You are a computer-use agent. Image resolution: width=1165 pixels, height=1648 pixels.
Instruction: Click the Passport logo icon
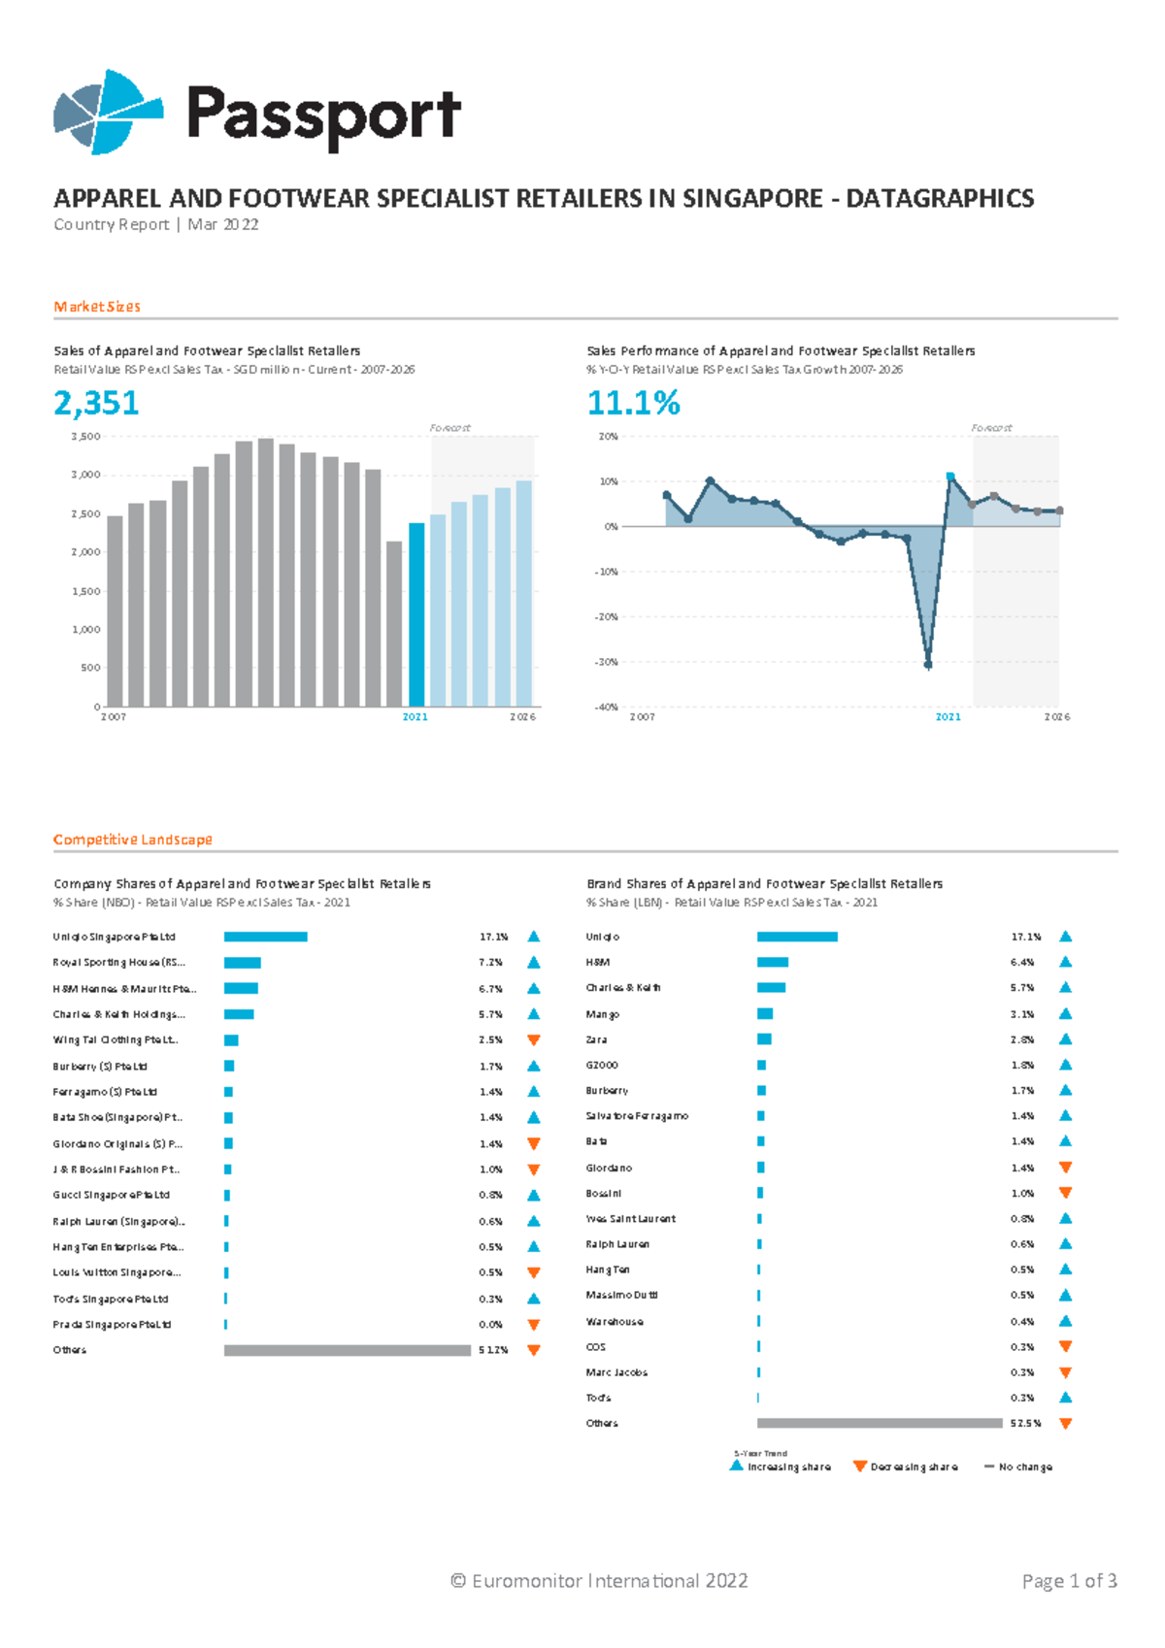point(107,112)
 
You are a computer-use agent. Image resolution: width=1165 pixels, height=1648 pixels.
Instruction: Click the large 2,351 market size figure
point(96,403)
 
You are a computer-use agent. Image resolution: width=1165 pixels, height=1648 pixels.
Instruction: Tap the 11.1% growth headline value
point(633,403)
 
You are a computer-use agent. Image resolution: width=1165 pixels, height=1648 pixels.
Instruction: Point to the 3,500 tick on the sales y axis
point(86,437)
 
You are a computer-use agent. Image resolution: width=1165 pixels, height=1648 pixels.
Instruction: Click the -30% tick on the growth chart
point(606,662)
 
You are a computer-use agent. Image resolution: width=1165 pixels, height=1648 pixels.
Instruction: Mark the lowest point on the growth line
point(928,665)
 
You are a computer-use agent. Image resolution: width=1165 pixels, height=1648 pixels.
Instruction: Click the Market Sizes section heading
point(97,307)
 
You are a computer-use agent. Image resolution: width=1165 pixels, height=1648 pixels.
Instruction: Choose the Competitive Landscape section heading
point(132,840)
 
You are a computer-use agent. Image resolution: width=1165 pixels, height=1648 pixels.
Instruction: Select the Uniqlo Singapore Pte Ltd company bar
point(265,937)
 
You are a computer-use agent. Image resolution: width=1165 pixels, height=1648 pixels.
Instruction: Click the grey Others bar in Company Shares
point(347,1350)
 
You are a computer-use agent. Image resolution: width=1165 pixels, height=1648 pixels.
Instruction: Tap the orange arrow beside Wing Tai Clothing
point(533,1040)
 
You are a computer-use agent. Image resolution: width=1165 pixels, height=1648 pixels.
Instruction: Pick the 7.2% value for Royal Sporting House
point(490,963)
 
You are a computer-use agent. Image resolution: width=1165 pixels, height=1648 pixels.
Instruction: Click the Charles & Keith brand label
point(623,988)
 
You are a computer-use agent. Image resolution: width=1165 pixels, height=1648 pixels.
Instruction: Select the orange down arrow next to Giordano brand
point(1065,1168)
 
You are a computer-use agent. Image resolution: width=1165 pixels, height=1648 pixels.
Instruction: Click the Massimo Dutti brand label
point(621,1296)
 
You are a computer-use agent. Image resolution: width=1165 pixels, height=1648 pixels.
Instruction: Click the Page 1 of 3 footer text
point(1069,1581)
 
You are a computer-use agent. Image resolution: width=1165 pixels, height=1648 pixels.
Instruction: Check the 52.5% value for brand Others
point(1025,1424)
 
